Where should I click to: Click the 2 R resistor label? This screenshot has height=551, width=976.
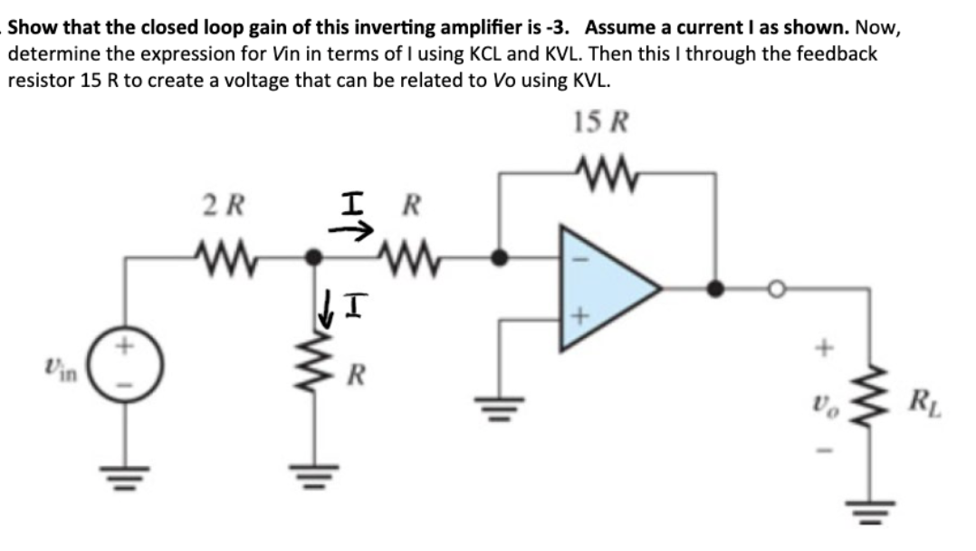tap(222, 205)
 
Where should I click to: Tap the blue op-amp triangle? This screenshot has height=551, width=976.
tap(602, 288)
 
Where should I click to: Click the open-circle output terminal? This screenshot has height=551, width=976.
tap(776, 289)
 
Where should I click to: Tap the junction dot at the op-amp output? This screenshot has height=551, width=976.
tap(716, 289)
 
